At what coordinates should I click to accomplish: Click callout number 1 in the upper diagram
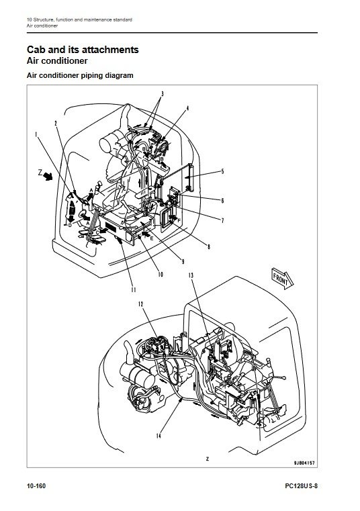click(x=36, y=134)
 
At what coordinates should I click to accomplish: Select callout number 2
click(x=56, y=123)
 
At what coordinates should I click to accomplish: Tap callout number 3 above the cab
click(x=162, y=94)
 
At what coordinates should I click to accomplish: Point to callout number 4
click(x=187, y=108)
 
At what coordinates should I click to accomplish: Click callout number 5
click(x=223, y=171)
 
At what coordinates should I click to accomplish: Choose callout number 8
click(x=209, y=246)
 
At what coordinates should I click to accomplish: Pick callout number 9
click(x=183, y=261)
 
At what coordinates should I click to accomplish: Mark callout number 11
click(x=133, y=289)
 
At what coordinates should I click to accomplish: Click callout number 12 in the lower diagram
click(x=141, y=304)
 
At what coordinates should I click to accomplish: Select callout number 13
click(x=191, y=275)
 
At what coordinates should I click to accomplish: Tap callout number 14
click(x=159, y=436)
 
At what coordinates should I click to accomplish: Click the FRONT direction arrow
click(x=282, y=278)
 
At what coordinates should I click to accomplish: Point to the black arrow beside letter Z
click(x=48, y=177)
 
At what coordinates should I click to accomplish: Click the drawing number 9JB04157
click(x=304, y=463)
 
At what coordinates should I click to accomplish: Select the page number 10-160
click(x=36, y=486)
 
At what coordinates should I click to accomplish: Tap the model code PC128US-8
click(x=302, y=486)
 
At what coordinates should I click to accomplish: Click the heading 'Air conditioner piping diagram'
click(x=80, y=75)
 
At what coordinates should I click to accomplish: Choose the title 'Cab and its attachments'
click(x=83, y=50)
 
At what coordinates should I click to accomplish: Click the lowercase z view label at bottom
click(x=208, y=459)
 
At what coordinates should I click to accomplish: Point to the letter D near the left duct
click(x=69, y=225)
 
